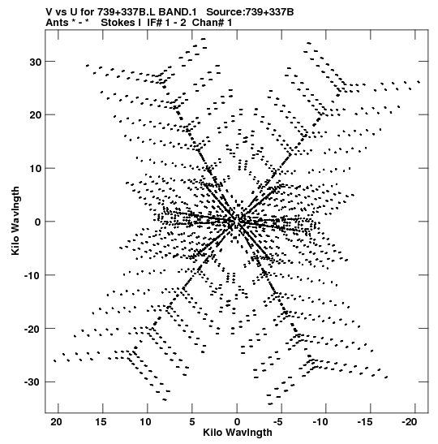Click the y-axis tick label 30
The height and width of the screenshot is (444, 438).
pos(36,62)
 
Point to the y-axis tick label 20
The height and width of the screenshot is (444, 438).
pos(36,115)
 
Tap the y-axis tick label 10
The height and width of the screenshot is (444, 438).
pos(36,169)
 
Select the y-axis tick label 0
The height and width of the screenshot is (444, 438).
pos(38,222)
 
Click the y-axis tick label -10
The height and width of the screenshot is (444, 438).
pos(32,275)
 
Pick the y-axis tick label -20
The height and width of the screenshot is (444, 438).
pos(32,329)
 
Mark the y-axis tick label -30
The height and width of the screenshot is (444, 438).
pos(32,382)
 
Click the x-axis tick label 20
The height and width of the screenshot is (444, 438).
pos(56,422)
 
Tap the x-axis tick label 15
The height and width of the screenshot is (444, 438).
pos(101,422)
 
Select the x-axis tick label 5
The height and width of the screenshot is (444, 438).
pos(192,422)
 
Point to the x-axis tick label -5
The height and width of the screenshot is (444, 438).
pos(278,422)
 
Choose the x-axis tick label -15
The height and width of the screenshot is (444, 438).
pos(365,422)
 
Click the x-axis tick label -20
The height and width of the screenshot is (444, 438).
pos(410,422)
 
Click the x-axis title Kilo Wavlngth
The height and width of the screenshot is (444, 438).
pos(238,433)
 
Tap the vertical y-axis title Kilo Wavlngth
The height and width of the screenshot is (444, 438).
pos(15,221)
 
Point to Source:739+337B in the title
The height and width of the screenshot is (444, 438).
pos(250,12)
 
